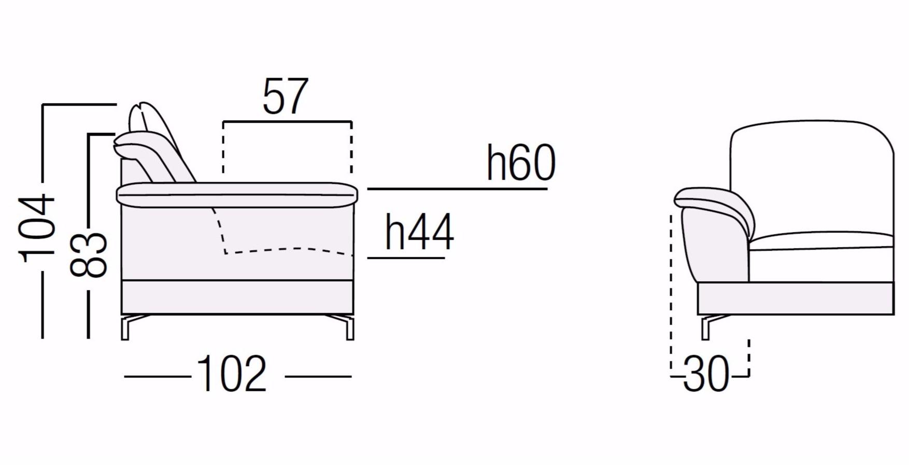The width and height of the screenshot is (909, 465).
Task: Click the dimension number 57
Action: pyautogui.click(x=286, y=97)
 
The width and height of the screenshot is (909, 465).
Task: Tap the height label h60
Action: pyautogui.click(x=521, y=163)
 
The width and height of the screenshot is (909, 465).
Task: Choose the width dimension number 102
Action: pyautogui.click(x=232, y=374)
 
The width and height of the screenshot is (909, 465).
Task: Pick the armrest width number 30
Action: pyautogui.click(x=706, y=374)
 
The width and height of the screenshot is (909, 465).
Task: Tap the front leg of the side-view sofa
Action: pyautogui.click(x=348, y=327)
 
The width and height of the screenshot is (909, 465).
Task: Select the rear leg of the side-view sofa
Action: pyautogui.click(x=127, y=327)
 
